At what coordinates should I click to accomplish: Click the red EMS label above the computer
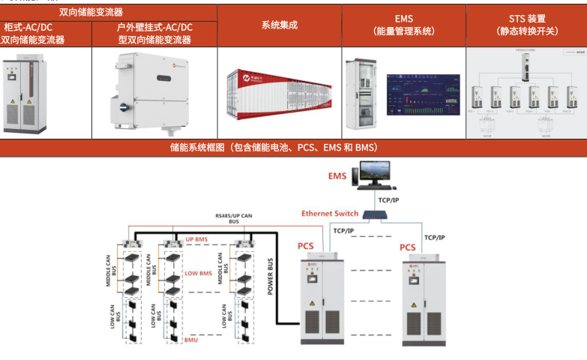[x=337, y=177]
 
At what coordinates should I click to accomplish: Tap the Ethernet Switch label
[x=330, y=214]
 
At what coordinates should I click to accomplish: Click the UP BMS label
[x=196, y=239]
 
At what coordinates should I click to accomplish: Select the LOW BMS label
[x=198, y=274]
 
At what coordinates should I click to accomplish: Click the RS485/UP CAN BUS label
[x=234, y=218]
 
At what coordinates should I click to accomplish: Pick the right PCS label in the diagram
[x=407, y=247]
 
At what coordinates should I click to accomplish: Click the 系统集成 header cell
[x=280, y=25]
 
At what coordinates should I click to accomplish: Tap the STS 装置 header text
[x=526, y=18]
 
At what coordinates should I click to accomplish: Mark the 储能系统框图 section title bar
[x=293, y=148]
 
